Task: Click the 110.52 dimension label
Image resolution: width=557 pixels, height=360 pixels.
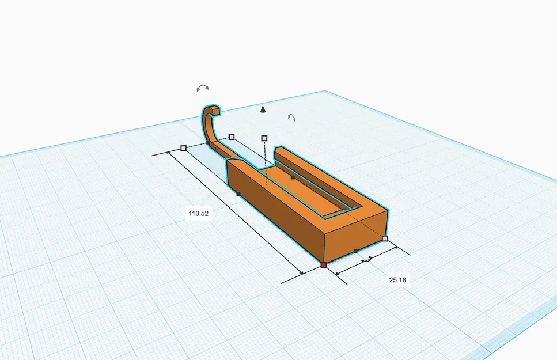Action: (198, 213)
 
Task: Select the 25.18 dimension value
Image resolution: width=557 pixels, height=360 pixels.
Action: (397, 280)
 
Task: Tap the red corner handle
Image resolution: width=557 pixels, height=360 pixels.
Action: (324, 265)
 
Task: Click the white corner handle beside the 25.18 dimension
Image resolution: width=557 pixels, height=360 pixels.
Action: (385, 238)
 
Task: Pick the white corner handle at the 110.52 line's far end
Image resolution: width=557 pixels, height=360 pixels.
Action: (183, 148)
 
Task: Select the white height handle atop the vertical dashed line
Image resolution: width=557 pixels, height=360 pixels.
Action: (264, 138)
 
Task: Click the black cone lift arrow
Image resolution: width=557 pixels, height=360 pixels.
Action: (263, 109)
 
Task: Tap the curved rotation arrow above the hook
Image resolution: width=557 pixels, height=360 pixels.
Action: (202, 88)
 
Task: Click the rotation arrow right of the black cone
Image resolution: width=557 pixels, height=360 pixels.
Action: (291, 118)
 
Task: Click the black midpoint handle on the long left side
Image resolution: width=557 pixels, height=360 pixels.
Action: (238, 194)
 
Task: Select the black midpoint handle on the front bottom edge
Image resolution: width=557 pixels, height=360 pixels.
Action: (355, 251)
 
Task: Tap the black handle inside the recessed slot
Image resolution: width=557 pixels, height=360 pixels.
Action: (293, 177)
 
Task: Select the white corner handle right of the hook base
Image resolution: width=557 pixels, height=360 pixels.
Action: (232, 137)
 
